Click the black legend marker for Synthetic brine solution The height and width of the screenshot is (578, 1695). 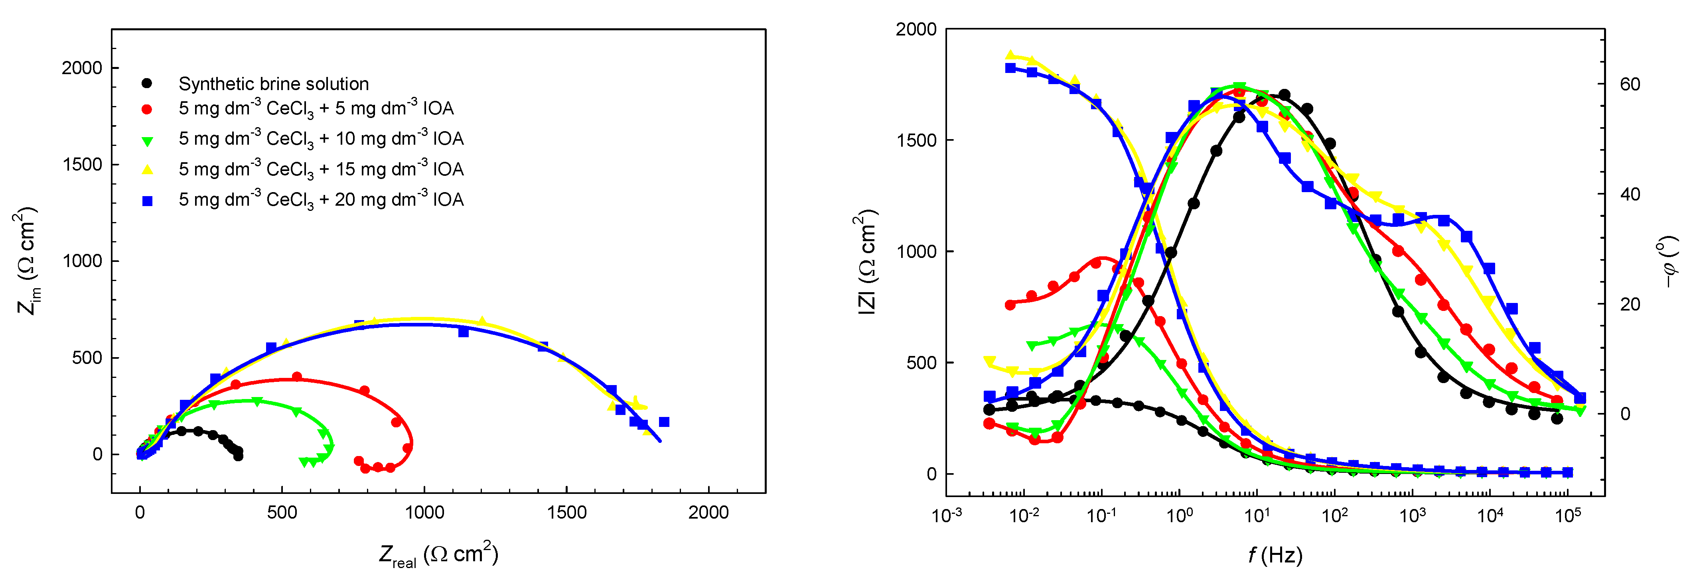click(x=147, y=83)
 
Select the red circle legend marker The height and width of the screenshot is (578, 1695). click(x=147, y=109)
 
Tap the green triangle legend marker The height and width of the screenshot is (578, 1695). click(x=147, y=140)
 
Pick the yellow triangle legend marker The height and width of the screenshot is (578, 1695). click(x=147, y=170)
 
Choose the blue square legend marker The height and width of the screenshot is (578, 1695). click(x=147, y=201)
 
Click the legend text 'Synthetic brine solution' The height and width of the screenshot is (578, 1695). click(x=273, y=84)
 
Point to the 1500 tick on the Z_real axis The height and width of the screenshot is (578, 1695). click(x=566, y=512)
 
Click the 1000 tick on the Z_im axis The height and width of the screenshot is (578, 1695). click(x=82, y=261)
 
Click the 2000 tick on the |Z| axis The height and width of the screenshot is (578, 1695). click(x=916, y=29)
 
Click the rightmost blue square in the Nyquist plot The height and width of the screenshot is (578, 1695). click(x=664, y=421)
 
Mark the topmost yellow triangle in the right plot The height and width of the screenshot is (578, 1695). click(x=1011, y=55)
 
